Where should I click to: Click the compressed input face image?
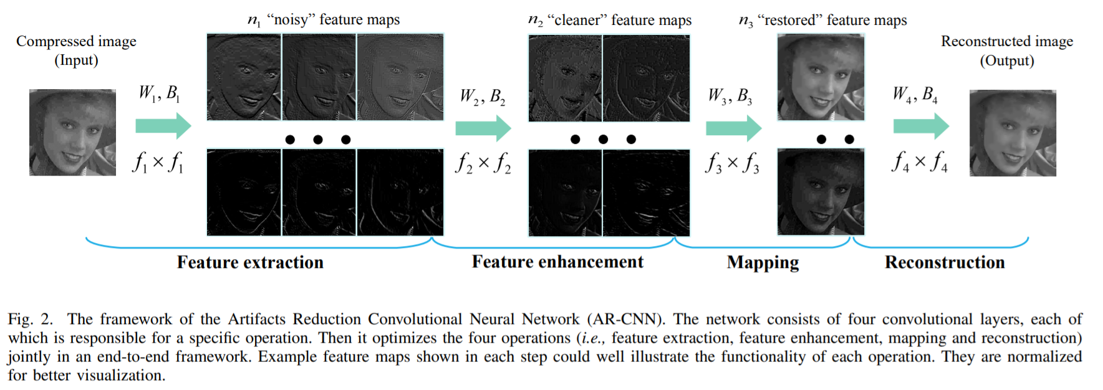72,132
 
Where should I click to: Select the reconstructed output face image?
1013,133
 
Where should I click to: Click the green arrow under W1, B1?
163,126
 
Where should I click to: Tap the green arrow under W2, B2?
483,128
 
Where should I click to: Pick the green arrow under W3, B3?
733,128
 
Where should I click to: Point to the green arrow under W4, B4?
920,126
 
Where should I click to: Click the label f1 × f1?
158,163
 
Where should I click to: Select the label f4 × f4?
919,163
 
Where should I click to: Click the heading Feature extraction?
250,262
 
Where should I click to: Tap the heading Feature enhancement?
557,262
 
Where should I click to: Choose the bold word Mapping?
763,262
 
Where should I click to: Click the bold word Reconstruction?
945,262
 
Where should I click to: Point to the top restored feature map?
821,77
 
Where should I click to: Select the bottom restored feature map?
821,192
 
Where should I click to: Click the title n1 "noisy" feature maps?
324,20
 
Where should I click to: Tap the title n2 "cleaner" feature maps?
609,20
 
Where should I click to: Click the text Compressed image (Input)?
76,50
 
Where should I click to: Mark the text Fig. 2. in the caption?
30,319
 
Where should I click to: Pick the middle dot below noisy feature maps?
318,140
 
